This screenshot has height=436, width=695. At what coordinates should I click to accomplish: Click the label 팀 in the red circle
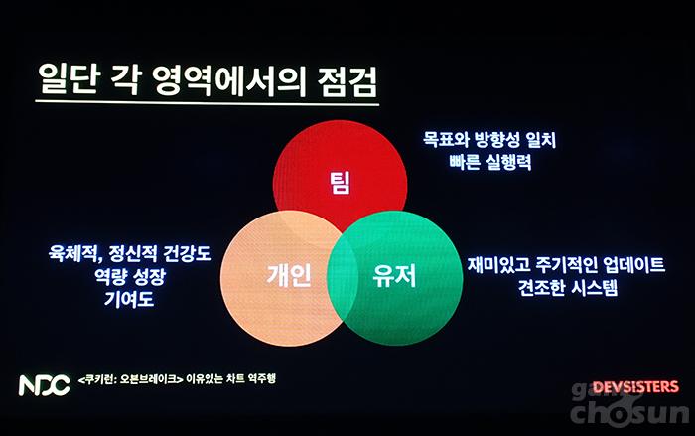click(340, 183)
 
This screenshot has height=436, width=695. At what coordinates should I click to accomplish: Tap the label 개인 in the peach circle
click(289, 275)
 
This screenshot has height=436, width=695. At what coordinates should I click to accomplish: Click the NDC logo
click(45, 385)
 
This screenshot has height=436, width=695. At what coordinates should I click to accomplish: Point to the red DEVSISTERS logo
click(635, 387)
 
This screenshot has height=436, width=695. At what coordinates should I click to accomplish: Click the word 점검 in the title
click(347, 82)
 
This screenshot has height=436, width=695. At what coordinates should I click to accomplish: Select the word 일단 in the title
click(68, 79)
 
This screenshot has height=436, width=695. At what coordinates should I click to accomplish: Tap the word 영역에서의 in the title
click(228, 81)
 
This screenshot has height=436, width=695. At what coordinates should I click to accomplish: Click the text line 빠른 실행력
click(489, 162)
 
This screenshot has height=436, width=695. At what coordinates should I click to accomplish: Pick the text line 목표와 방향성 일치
click(488, 140)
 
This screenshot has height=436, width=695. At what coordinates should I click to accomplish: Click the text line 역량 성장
click(129, 276)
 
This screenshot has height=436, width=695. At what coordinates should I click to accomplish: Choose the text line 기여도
click(129, 299)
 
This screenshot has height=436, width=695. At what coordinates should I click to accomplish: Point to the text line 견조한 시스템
click(567, 287)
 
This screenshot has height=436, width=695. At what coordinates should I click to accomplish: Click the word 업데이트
click(633, 265)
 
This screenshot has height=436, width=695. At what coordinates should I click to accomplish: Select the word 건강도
click(187, 253)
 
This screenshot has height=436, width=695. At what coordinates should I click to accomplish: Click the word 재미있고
click(499, 265)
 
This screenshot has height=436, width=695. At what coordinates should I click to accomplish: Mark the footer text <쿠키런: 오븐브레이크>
click(130, 380)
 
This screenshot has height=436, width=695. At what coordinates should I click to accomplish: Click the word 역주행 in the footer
click(261, 378)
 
